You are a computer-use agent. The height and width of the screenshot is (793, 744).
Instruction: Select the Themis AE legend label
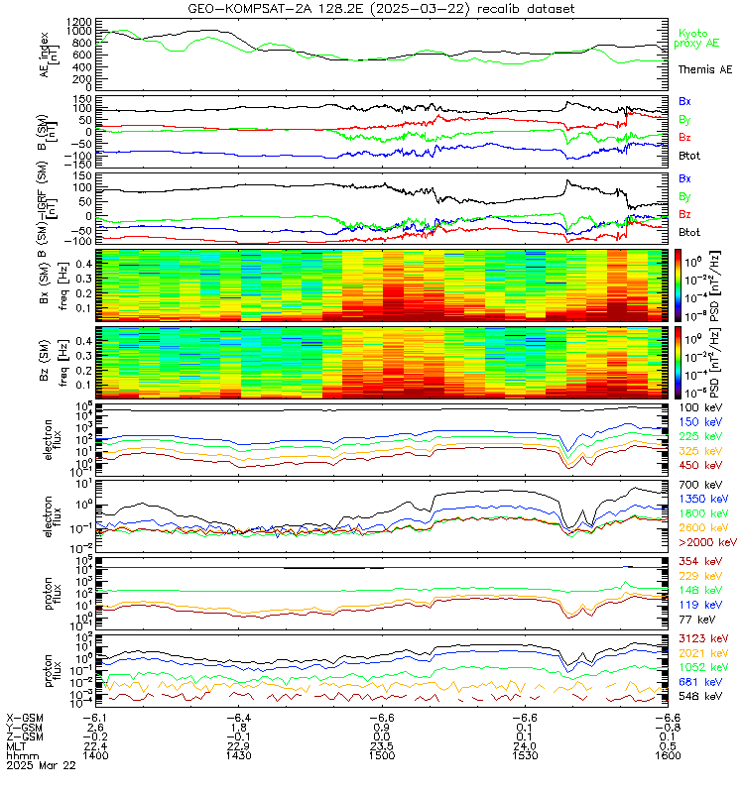[x=704, y=69]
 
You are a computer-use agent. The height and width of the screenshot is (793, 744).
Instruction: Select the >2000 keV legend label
[x=706, y=543]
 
